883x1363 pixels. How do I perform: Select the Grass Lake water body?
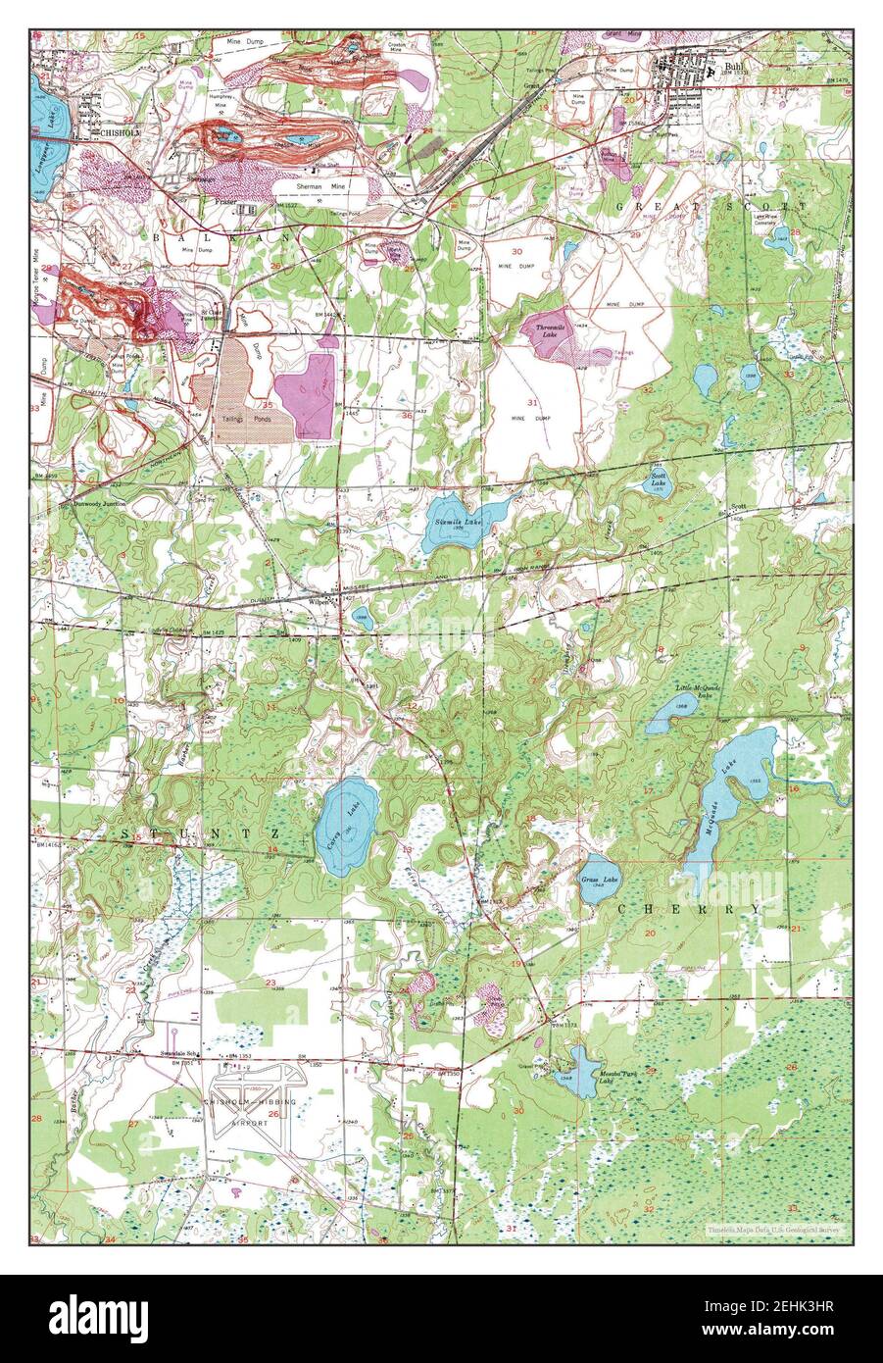600,878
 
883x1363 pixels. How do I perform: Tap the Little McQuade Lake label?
699,692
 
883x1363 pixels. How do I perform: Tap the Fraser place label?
227,203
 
